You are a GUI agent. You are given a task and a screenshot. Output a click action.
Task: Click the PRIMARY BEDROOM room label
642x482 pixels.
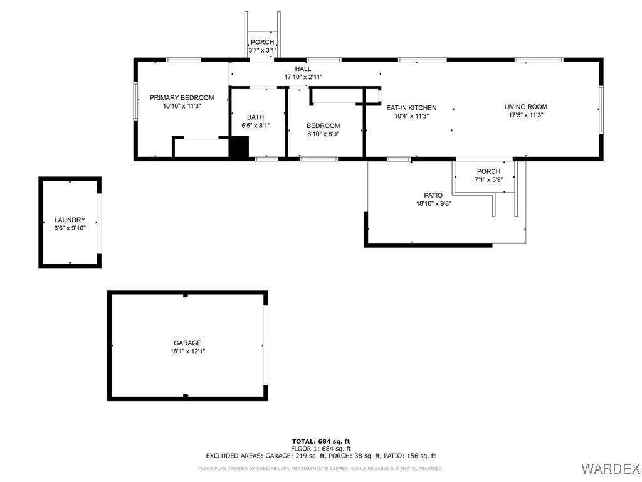[182, 97]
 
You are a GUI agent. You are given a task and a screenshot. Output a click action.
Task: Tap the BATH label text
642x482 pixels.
[256, 117]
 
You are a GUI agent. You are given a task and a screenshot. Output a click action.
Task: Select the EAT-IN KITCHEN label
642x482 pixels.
[411, 108]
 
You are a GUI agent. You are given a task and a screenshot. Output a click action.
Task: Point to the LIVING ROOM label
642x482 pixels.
[526, 107]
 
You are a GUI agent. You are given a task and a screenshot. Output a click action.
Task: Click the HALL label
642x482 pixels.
[303, 69]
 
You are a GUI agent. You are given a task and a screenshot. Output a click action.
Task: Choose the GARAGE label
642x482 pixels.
[187, 343]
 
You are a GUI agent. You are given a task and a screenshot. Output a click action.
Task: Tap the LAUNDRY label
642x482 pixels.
[70, 220]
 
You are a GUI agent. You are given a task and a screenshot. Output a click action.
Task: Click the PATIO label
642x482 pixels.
[433, 196]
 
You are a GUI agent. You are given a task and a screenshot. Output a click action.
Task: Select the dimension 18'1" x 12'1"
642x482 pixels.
[187, 351]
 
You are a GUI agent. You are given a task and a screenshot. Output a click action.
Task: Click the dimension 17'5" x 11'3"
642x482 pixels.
[526, 115]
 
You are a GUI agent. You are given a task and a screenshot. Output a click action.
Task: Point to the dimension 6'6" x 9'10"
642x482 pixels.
[70, 228]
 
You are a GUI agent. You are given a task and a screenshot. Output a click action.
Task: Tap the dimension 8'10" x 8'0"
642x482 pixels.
[323, 134]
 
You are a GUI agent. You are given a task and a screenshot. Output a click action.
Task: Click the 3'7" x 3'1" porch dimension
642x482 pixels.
[263, 50]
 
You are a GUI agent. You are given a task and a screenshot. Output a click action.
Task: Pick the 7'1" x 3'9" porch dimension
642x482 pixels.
[489, 179]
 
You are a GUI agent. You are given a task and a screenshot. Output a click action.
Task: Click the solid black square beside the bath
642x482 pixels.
[239, 147]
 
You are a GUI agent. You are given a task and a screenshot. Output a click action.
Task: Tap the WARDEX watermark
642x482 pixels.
[610, 468]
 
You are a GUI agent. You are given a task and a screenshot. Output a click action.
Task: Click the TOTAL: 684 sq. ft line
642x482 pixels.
[321, 441]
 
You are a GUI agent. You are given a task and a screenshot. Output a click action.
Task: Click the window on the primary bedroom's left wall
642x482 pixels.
[135, 101]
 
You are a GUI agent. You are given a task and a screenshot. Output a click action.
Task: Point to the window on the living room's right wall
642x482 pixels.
[601, 110]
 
